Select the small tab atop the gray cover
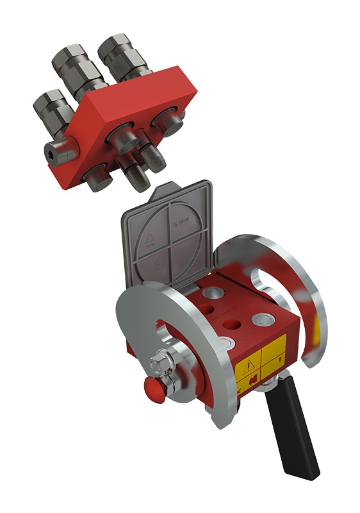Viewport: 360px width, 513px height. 165,187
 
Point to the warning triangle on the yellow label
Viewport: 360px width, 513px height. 247,368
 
